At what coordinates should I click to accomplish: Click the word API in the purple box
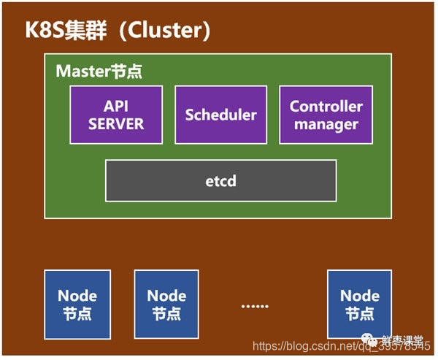115,106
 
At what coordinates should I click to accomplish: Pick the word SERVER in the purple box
115,123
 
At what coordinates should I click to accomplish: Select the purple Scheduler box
220,115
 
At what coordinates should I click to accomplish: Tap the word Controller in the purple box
326,106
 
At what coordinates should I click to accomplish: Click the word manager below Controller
326,123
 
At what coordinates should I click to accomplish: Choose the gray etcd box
220,180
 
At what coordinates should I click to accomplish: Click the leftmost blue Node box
77,304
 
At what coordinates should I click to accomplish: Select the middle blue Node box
166,304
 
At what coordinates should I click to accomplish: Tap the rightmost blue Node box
360,304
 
